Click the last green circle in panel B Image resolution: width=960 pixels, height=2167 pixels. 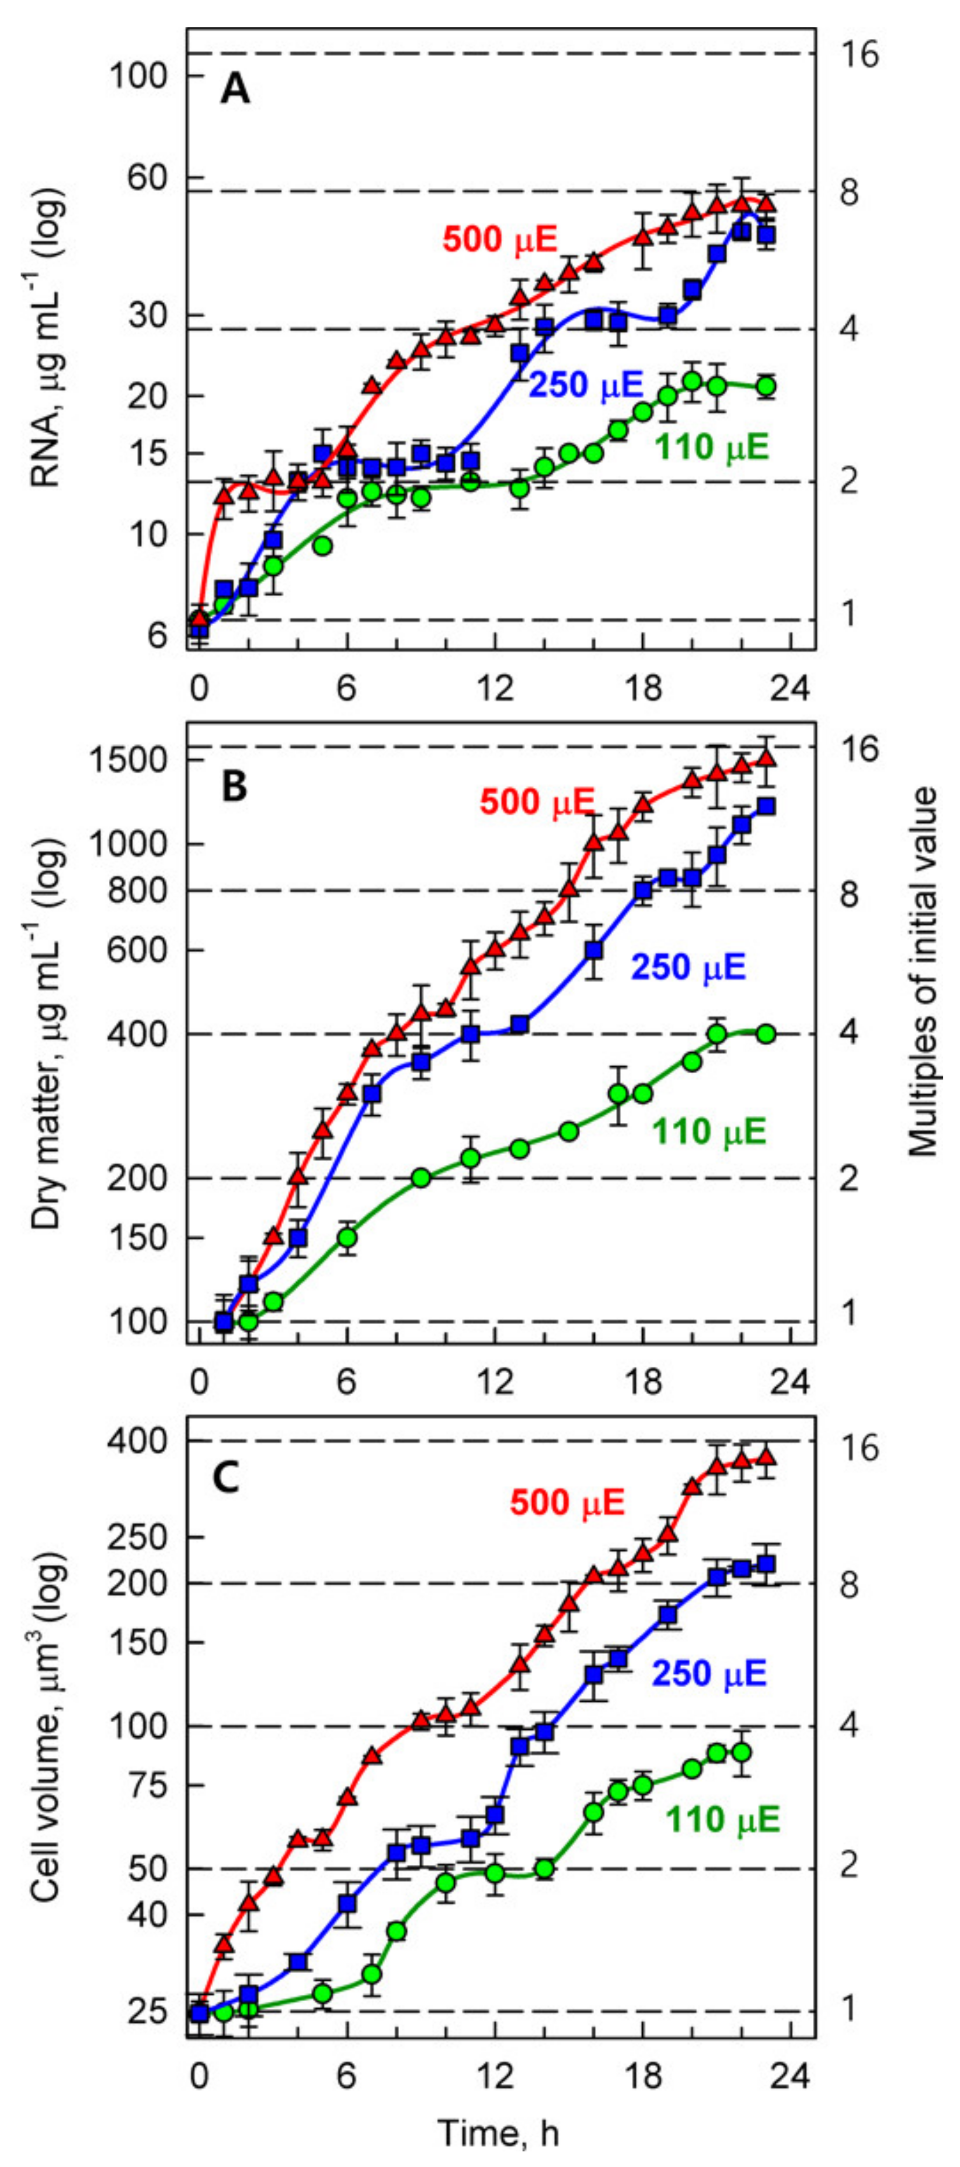point(766,1034)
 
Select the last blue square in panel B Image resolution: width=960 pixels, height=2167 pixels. point(767,807)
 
